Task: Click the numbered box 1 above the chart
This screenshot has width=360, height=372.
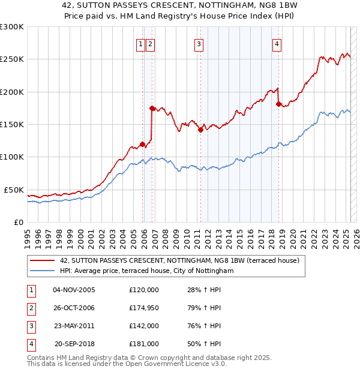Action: [140, 43]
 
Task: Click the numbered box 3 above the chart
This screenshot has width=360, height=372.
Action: [198, 43]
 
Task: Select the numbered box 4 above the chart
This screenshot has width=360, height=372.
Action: [277, 43]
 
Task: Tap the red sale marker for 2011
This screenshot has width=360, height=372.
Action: [200, 130]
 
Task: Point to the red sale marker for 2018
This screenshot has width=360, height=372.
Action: [278, 104]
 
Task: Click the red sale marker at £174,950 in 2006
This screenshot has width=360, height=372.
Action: [152, 108]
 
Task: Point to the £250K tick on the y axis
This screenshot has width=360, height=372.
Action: [12, 59]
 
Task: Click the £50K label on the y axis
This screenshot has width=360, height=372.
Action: [14, 190]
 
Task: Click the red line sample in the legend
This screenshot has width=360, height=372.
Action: [43, 261]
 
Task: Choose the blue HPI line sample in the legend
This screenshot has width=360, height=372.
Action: [43, 271]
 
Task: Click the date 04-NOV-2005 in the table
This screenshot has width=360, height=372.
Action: [74, 290]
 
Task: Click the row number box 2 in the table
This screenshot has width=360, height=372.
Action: [31, 308]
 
